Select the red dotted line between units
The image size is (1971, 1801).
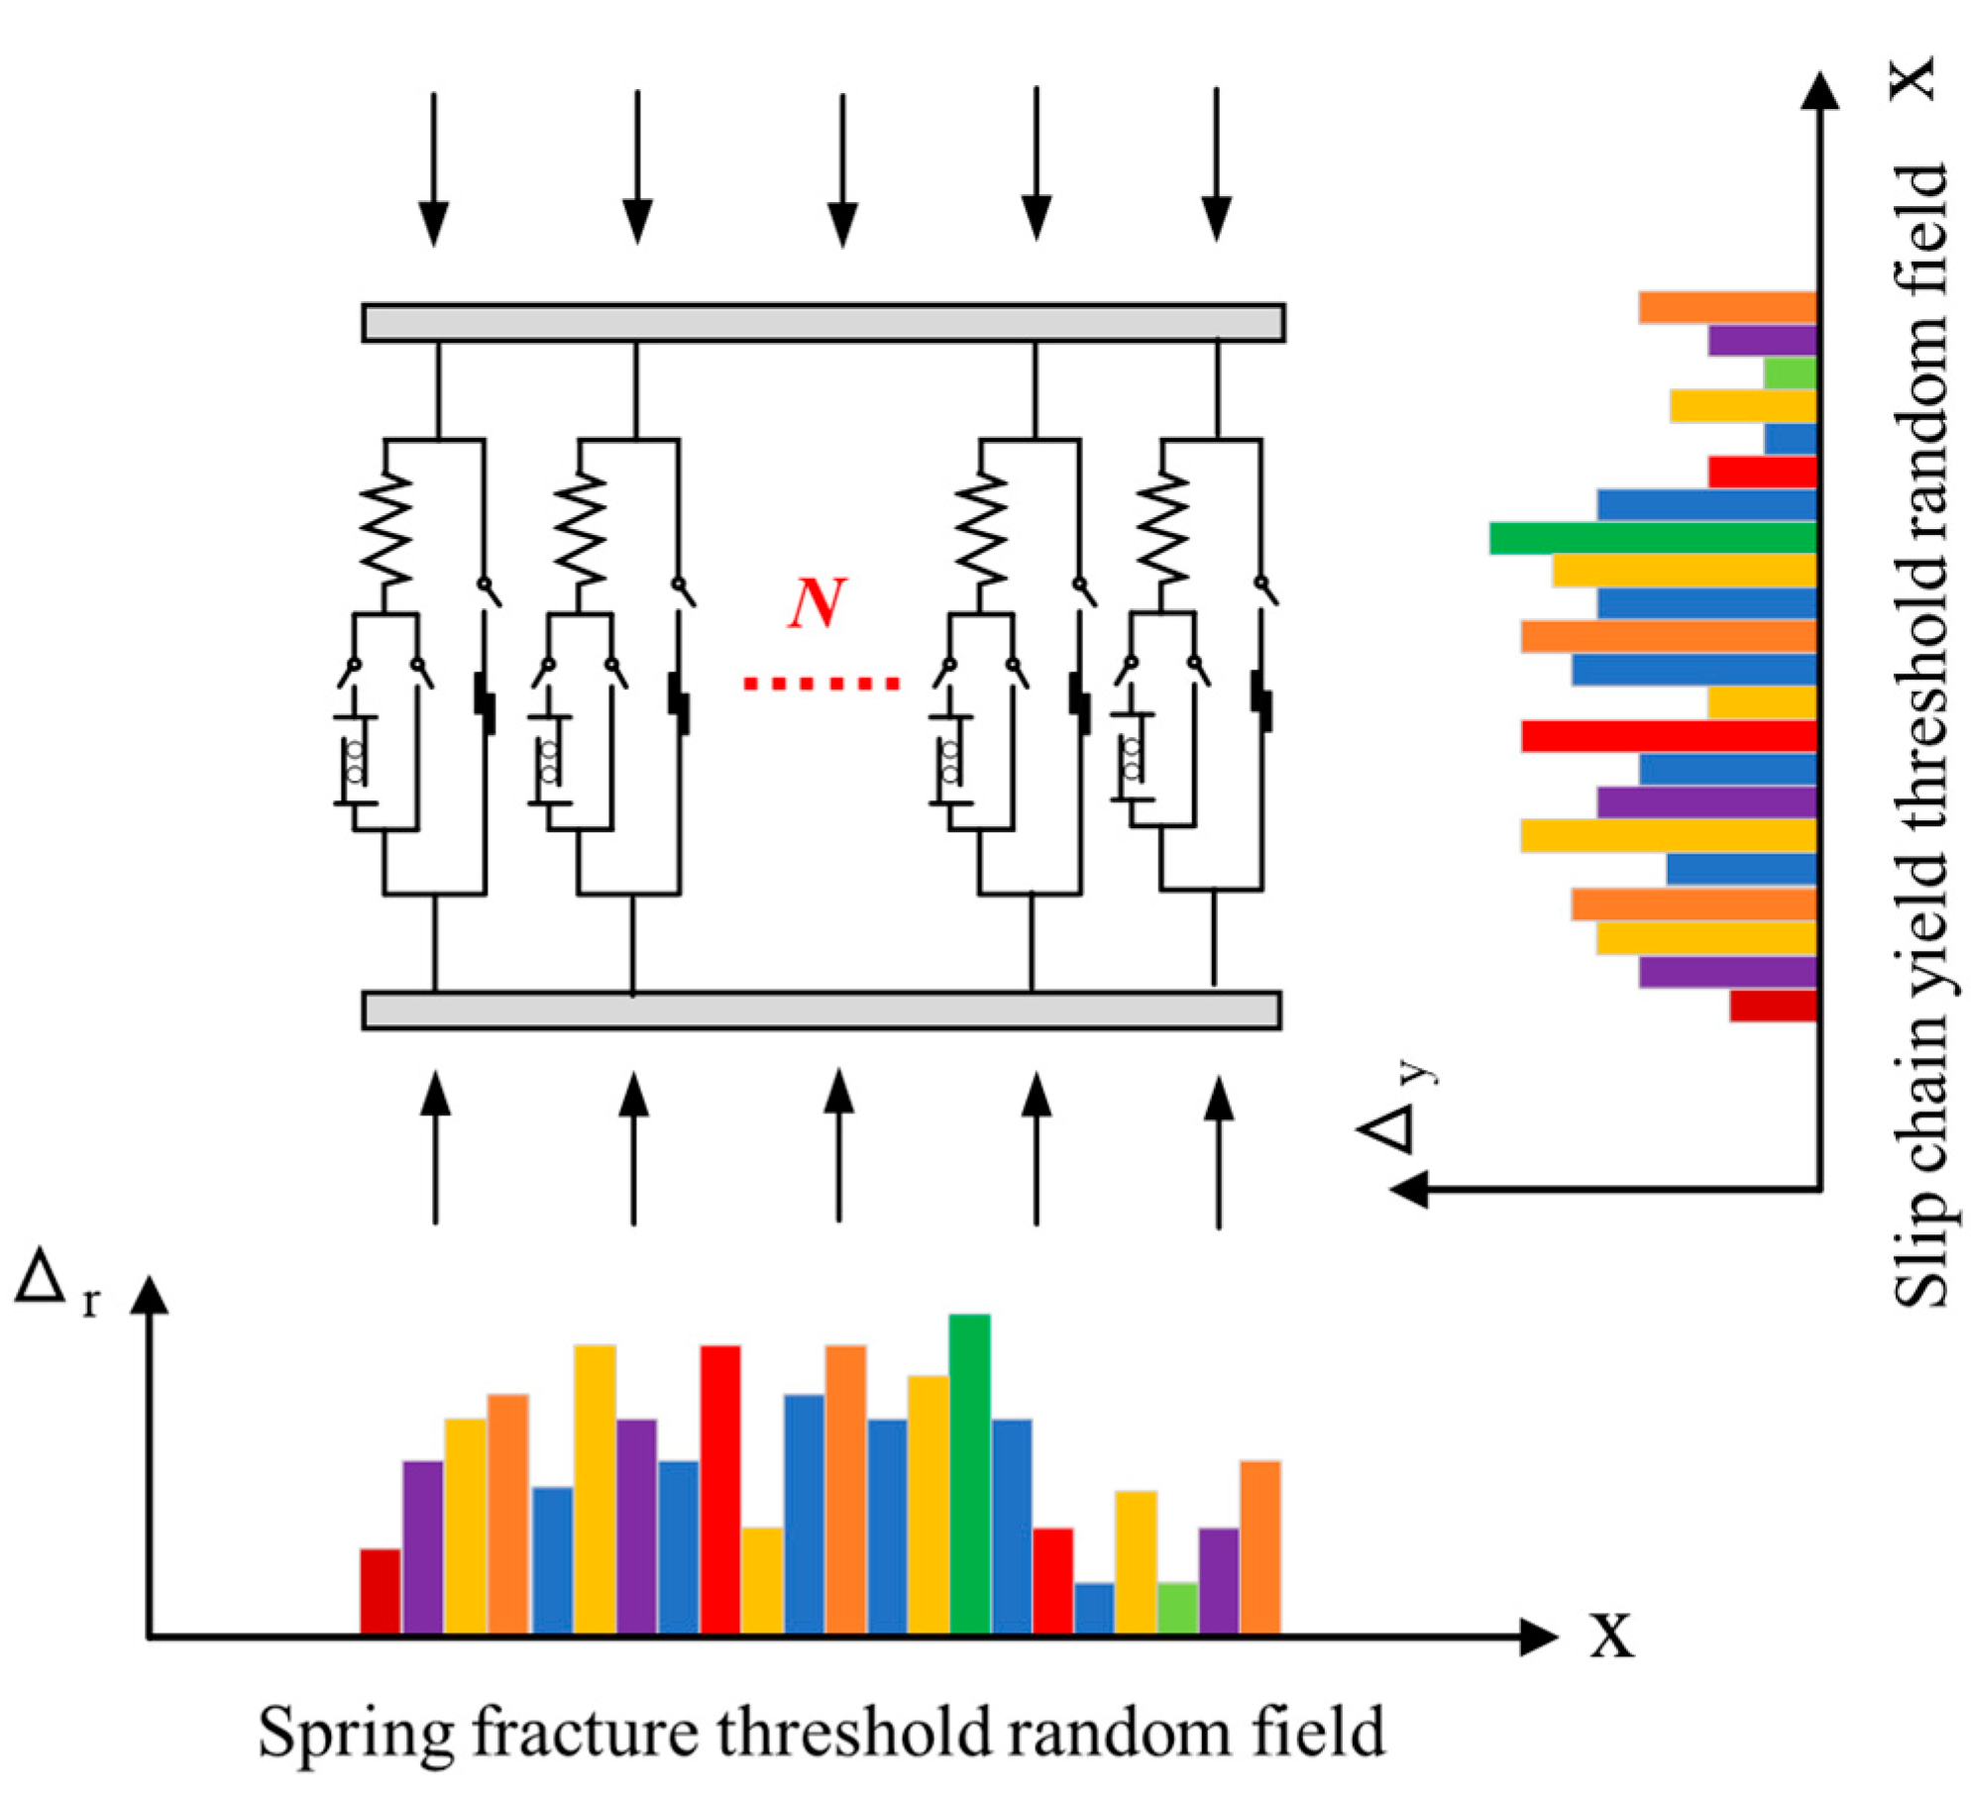[821, 684]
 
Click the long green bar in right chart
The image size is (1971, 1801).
[1653, 538]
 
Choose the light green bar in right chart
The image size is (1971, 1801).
[1790, 373]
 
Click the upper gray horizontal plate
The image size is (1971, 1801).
[822, 323]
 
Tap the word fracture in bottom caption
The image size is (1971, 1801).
[585, 1733]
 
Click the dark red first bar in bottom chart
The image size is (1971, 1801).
[380, 1591]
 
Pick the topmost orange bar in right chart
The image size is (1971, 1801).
[1726, 307]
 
